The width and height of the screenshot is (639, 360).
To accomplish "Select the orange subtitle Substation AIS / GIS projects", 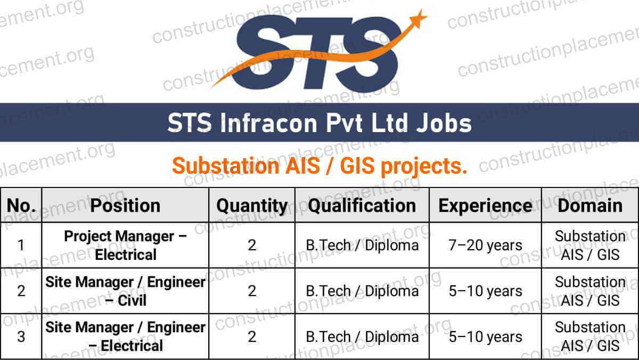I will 319,166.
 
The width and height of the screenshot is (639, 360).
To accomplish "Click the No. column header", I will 21,206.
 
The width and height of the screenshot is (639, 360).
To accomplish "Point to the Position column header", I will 125,206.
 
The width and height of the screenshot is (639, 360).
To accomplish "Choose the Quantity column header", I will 252,206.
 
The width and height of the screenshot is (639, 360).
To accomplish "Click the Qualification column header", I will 362,206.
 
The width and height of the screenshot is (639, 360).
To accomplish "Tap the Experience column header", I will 485,206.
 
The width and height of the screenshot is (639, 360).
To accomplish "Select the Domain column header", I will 589,206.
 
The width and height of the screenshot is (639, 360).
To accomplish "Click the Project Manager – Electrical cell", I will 125,245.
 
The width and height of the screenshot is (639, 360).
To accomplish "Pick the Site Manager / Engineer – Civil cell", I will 125,291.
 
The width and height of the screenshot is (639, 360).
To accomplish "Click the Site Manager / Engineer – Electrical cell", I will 125,336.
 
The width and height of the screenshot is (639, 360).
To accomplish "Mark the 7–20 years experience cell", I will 485,246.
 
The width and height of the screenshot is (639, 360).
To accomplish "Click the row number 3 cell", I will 21,337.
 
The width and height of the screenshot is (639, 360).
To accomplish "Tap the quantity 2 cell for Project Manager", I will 252,246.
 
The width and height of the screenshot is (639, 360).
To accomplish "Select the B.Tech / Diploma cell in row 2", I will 362,291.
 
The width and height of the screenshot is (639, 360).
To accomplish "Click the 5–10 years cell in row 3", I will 485,337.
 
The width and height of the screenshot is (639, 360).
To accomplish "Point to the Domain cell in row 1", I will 589,245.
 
